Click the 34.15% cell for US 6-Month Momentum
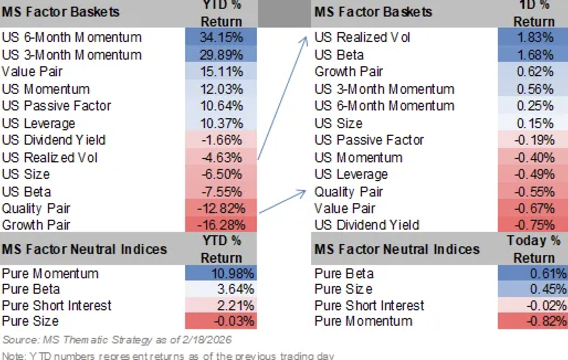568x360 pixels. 221,38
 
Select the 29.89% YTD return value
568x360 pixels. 221,55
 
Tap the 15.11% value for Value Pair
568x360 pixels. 221,72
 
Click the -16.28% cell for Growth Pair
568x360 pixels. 221,225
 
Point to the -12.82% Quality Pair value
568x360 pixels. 221,209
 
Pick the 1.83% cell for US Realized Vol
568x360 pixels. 533,38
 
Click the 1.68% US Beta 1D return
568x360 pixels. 533,55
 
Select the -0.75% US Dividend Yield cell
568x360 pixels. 533,225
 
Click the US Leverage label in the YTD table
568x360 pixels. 39,123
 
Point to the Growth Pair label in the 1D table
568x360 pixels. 349,72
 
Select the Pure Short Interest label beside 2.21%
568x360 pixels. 57,305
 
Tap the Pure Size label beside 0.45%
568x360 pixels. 343,289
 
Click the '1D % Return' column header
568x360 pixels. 533,14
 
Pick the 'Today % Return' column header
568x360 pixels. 533,248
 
